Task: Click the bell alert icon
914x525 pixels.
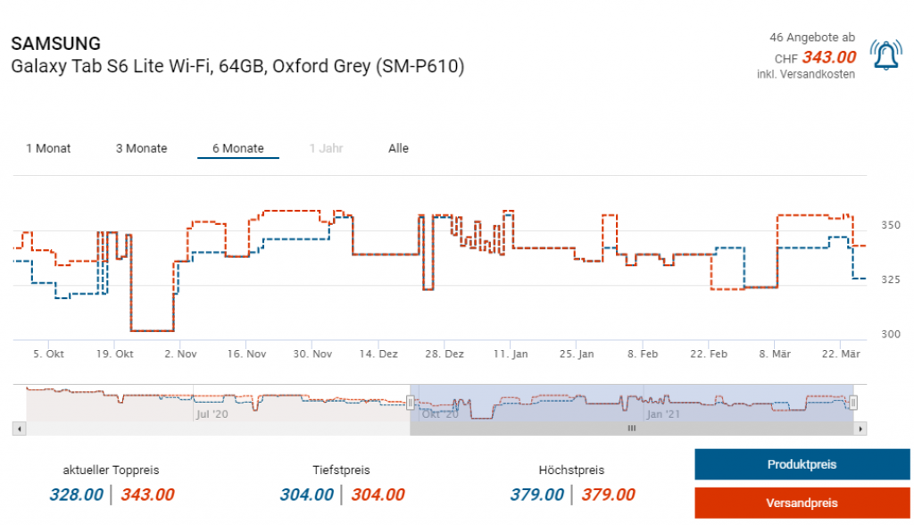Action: [x=885, y=55]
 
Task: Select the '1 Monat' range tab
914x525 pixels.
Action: [x=48, y=148]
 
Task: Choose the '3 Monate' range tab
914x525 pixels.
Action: [x=141, y=148]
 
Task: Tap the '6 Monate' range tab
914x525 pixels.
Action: [x=237, y=148]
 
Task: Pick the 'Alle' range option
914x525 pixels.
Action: [x=398, y=148]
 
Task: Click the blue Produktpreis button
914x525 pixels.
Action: [x=802, y=464]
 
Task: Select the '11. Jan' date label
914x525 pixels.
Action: [x=510, y=354]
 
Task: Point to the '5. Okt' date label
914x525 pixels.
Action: [x=48, y=354]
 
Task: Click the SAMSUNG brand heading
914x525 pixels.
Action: [x=55, y=44]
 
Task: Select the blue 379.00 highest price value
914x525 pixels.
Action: [x=536, y=495]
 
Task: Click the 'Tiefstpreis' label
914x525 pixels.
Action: [x=341, y=470]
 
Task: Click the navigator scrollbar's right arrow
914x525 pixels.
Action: [x=860, y=429]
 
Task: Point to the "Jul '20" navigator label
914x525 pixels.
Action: [x=212, y=414]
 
